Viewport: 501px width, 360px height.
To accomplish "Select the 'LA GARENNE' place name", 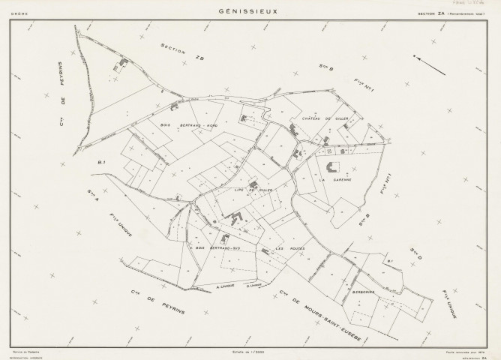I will tap(331, 181).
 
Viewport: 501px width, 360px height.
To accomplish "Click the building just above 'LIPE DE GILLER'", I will tap(253, 184).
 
